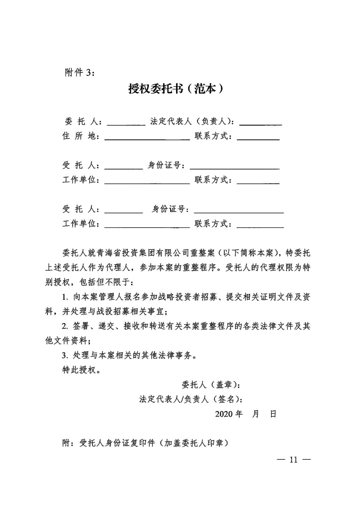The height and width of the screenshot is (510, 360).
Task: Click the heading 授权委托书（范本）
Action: pyautogui.click(x=176, y=89)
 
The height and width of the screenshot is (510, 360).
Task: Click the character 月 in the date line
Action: pyautogui.click(x=256, y=414)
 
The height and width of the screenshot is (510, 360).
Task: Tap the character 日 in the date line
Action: pyautogui.click(x=273, y=414)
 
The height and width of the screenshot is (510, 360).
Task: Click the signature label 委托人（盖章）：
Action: pyautogui.click(x=211, y=385)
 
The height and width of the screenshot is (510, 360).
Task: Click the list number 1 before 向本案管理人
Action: pyautogui.click(x=64, y=297)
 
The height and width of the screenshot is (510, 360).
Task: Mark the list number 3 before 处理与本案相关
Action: pyautogui.click(x=64, y=355)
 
